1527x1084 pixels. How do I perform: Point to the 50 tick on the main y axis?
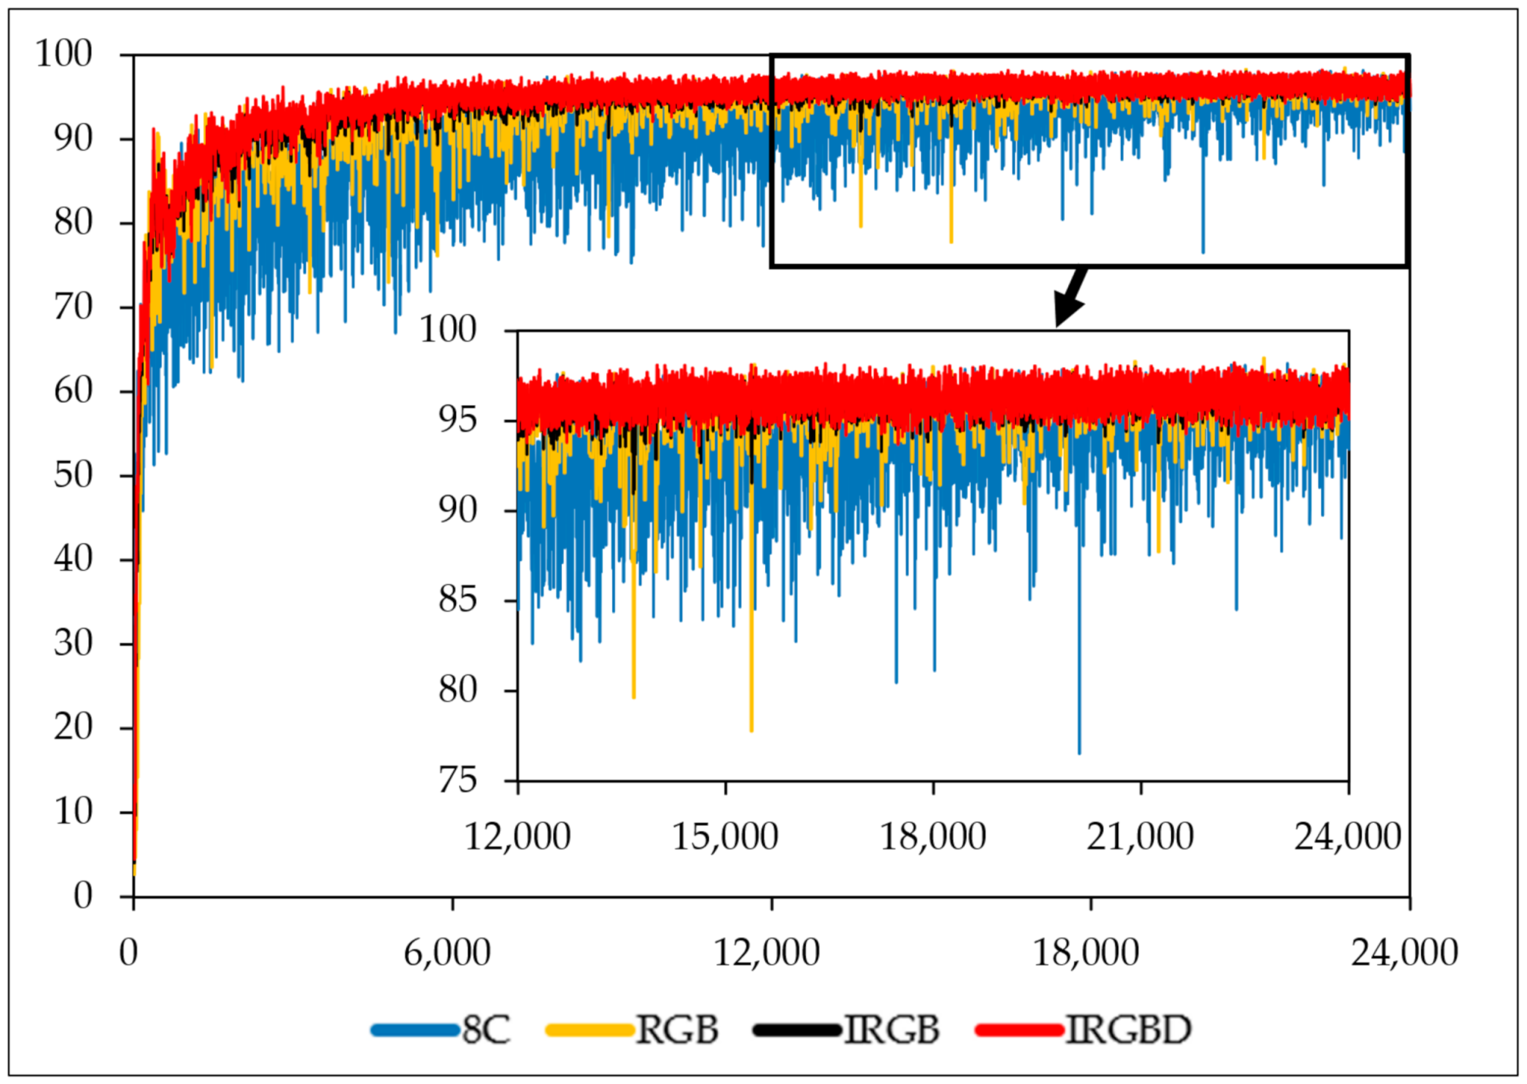tap(73, 475)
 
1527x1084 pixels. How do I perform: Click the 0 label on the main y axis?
tap(82, 896)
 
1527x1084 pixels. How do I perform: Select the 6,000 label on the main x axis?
tap(447, 953)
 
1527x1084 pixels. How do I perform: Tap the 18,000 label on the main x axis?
tap(1086, 953)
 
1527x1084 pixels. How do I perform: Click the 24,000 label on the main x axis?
tap(1404, 953)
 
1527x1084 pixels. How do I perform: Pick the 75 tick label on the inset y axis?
tap(458, 780)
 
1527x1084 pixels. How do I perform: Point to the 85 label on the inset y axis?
tap(458, 600)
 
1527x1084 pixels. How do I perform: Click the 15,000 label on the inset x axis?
tap(725, 837)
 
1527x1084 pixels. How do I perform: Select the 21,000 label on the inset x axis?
tap(1140, 837)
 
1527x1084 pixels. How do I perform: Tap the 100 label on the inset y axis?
tap(448, 329)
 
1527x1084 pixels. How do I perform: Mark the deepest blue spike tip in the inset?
tap(1079, 752)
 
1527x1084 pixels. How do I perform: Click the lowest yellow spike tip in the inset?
tap(751, 730)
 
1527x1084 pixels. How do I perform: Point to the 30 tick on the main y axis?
tap(73, 643)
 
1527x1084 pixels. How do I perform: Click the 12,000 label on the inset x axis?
tap(518, 837)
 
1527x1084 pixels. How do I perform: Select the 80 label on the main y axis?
tap(73, 222)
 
